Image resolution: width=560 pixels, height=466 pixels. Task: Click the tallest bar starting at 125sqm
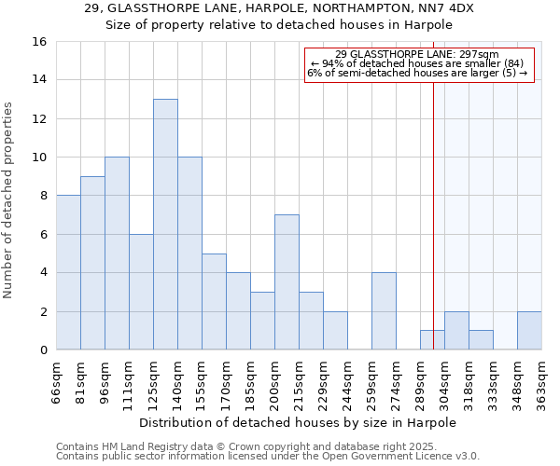point(165,225)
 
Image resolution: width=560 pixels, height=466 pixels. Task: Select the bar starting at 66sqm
point(68,272)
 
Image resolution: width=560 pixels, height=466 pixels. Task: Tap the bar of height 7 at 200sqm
point(287,282)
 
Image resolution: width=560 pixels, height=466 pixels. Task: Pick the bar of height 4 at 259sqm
point(384,311)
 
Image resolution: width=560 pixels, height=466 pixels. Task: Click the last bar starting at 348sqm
point(529,331)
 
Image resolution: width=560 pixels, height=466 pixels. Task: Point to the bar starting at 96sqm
point(117,254)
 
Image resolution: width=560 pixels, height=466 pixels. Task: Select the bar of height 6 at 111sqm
point(141,292)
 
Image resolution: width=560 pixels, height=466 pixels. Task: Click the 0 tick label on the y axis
point(42,350)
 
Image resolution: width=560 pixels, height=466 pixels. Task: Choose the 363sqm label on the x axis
point(541,381)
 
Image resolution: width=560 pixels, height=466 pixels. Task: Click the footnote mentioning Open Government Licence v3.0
point(268,456)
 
